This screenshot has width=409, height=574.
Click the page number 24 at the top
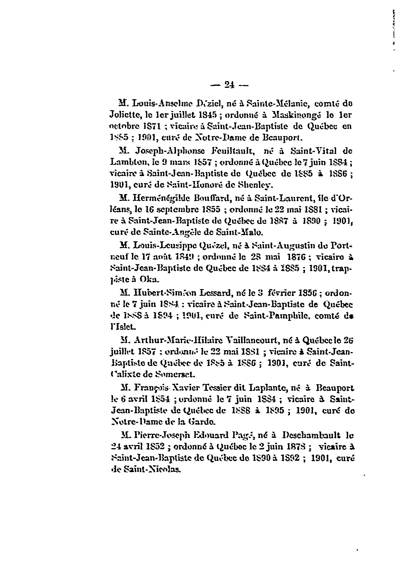229,86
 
